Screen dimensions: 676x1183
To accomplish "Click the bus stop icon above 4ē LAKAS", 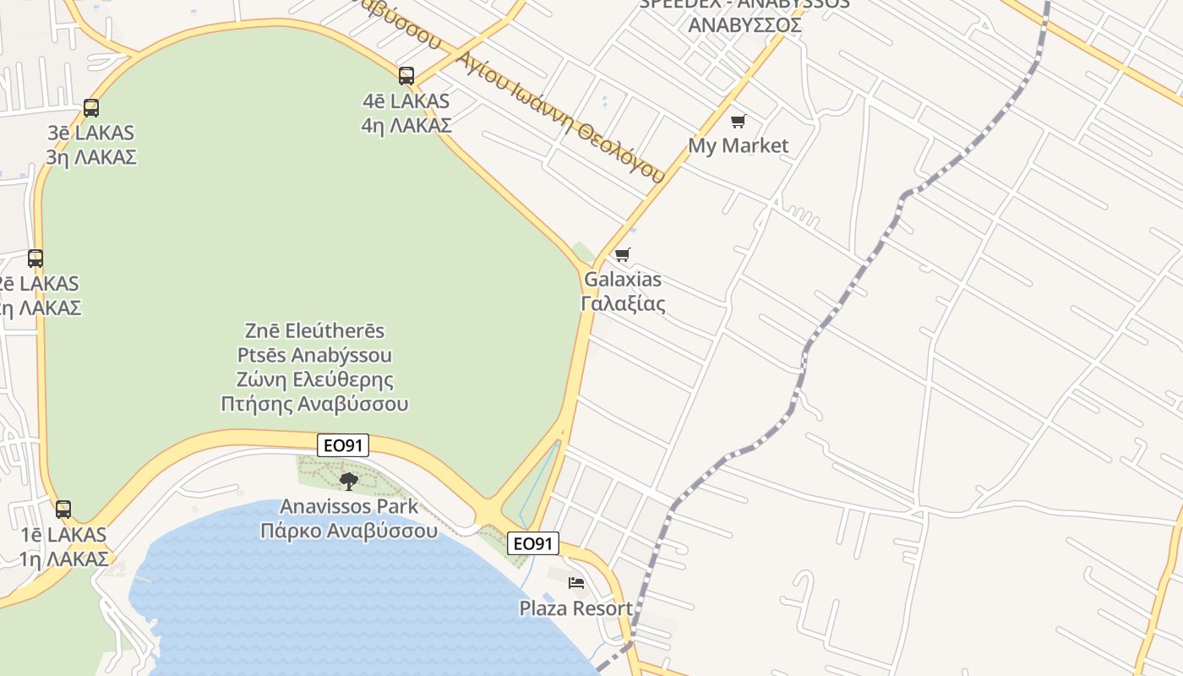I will click(x=406, y=76).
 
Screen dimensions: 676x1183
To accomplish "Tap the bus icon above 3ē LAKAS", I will click(x=91, y=108).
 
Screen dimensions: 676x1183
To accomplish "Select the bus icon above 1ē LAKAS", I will click(x=63, y=510).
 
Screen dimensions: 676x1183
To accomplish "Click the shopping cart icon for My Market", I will click(x=739, y=122).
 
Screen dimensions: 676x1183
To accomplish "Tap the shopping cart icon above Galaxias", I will click(x=623, y=254).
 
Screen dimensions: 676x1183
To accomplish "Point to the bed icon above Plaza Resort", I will click(x=576, y=583).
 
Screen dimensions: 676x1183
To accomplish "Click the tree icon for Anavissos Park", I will click(x=348, y=482).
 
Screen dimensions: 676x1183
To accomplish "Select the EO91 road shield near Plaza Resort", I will click(x=533, y=543).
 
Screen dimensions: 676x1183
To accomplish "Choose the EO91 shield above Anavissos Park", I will click(x=343, y=445).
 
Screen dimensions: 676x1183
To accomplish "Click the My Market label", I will click(x=738, y=145).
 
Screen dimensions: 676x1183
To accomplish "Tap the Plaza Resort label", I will click(x=575, y=608).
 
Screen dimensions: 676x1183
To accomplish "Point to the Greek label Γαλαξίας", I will click(x=623, y=303).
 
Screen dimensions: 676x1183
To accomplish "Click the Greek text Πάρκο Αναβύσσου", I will click(x=349, y=531).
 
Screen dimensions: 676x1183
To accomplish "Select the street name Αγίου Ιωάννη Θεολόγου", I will click(x=559, y=117).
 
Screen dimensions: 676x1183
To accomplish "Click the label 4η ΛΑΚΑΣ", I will click(x=406, y=125).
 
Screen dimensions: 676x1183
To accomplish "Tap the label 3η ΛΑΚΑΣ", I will click(x=91, y=157).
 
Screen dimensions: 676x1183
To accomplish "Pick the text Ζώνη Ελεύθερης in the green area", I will click(x=314, y=379).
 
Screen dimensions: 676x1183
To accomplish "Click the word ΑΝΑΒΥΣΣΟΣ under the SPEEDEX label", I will click(x=744, y=25).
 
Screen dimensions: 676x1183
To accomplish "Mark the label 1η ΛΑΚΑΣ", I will click(x=63, y=559).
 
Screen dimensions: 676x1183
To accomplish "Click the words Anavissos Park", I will click(x=349, y=506).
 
